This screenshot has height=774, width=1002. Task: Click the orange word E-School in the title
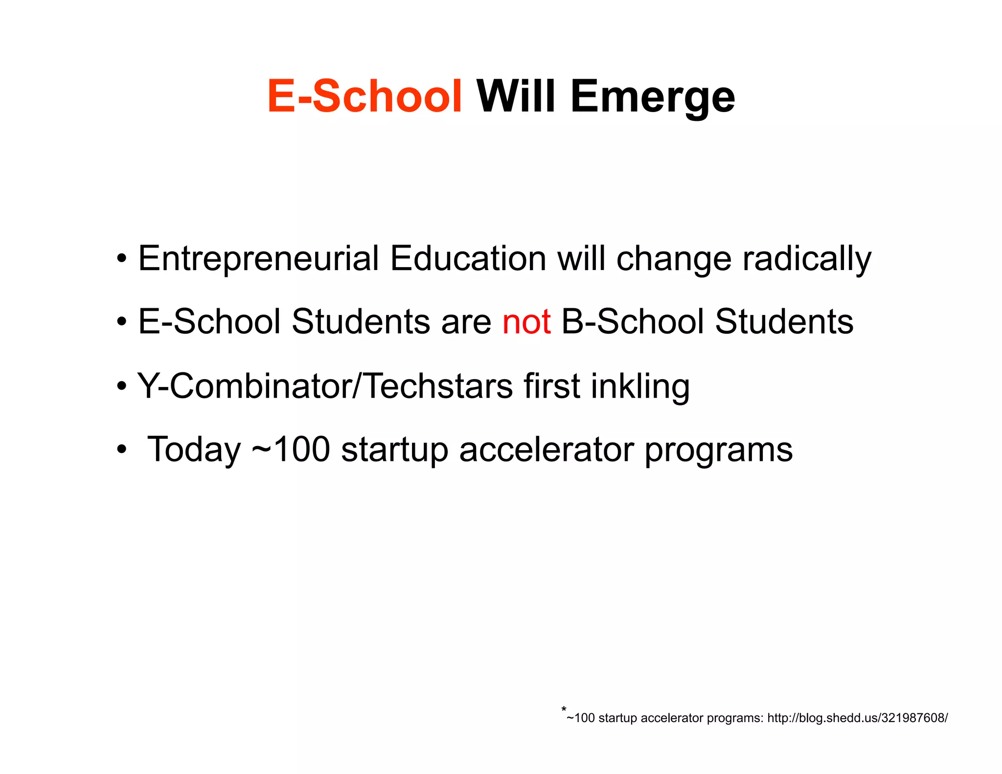(364, 96)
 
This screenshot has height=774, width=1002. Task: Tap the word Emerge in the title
(652, 98)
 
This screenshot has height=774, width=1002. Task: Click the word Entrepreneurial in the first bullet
(258, 259)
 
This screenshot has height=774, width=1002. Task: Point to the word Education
(468, 259)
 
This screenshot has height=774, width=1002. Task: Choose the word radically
(807, 259)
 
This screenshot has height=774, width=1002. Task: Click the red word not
(526, 322)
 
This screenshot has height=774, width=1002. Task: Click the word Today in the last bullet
(194, 450)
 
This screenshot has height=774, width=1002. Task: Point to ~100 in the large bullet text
(291, 450)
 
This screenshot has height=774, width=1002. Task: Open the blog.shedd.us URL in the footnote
(857, 718)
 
